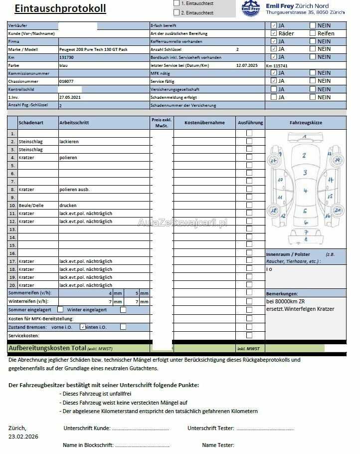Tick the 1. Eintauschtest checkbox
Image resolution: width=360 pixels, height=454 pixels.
[x=177, y=3]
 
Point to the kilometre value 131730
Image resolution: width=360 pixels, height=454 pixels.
[x=67, y=57]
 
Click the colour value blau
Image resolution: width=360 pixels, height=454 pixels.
[x=63, y=65]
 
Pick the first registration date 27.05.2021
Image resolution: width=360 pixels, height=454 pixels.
[x=70, y=97]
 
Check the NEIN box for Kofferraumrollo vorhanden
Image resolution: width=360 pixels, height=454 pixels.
[x=313, y=41]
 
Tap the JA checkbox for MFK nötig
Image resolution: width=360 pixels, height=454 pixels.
[x=274, y=73]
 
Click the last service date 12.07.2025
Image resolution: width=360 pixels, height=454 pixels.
[x=247, y=65]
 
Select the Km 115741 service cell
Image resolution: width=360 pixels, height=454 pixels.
[x=277, y=65]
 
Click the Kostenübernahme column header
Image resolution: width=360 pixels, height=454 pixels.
[x=204, y=123]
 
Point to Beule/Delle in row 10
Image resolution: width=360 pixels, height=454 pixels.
[x=31, y=206]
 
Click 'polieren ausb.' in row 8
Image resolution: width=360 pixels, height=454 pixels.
[x=74, y=190]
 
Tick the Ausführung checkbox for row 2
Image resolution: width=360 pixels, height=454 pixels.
[x=249, y=141]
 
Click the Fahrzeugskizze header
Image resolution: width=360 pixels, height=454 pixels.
[x=306, y=123]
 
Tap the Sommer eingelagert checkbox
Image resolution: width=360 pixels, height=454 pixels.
[x=60, y=309]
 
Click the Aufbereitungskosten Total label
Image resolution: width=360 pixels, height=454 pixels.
[x=47, y=348]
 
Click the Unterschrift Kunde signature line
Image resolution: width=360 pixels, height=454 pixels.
[x=140, y=429]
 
